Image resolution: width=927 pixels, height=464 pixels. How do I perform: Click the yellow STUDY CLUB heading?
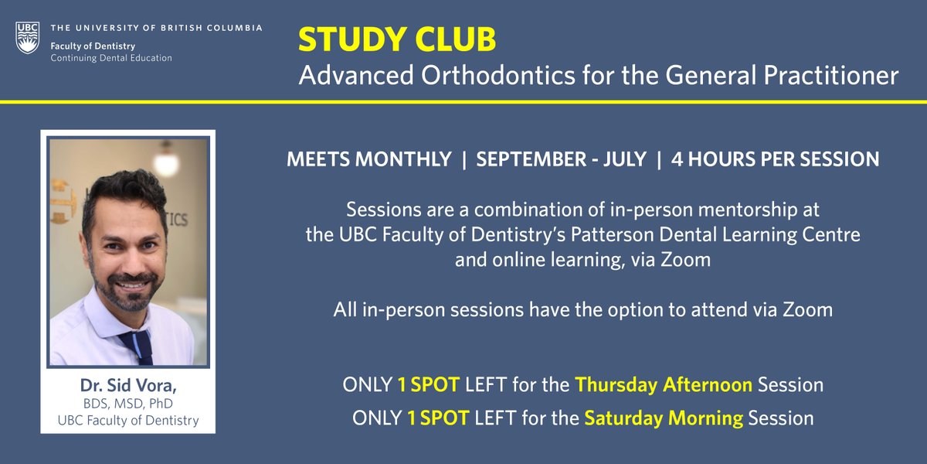click(x=397, y=40)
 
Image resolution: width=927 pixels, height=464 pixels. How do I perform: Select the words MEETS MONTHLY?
click(x=368, y=160)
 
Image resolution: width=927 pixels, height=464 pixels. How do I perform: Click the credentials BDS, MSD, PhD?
click(x=127, y=404)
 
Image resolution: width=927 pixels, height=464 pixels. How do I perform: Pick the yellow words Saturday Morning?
click(x=664, y=418)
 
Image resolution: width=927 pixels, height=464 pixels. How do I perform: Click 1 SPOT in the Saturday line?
click(x=437, y=418)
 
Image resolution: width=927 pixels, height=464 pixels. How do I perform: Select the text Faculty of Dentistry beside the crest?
click(x=93, y=46)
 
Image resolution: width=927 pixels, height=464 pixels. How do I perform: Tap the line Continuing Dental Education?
click(x=111, y=58)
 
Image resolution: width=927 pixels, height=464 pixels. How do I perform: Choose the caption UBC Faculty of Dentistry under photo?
click(x=127, y=421)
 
